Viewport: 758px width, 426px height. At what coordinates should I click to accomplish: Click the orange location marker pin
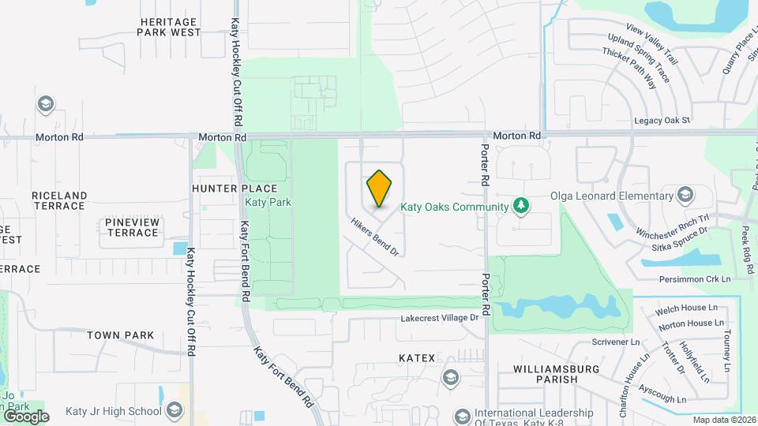pyautogui.click(x=380, y=189)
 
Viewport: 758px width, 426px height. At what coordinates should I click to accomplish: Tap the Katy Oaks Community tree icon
pyautogui.click(x=520, y=207)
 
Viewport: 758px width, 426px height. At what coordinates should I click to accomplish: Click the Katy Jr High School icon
pyautogui.click(x=174, y=410)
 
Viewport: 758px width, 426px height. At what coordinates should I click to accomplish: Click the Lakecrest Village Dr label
pyautogui.click(x=440, y=318)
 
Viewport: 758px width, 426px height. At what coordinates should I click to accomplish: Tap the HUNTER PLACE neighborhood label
pyautogui.click(x=235, y=189)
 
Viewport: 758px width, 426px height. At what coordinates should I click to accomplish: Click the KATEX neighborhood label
pyautogui.click(x=417, y=358)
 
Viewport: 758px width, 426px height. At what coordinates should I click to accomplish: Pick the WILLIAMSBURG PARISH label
pyautogui.click(x=556, y=374)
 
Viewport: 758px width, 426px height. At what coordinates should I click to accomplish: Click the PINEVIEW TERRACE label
pyautogui.click(x=132, y=227)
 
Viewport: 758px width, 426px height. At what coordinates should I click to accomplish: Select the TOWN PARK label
pyautogui.click(x=120, y=335)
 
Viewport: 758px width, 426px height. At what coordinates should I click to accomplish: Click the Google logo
pyautogui.click(x=26, y=416)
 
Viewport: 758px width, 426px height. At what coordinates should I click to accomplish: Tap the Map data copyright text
pyautogui.click(x=722, y=420)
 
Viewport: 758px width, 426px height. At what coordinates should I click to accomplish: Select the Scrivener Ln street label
pyautogui.click(x=616, y=342)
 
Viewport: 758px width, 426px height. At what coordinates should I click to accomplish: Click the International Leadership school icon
pyautogui.click(x=462, y=415)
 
